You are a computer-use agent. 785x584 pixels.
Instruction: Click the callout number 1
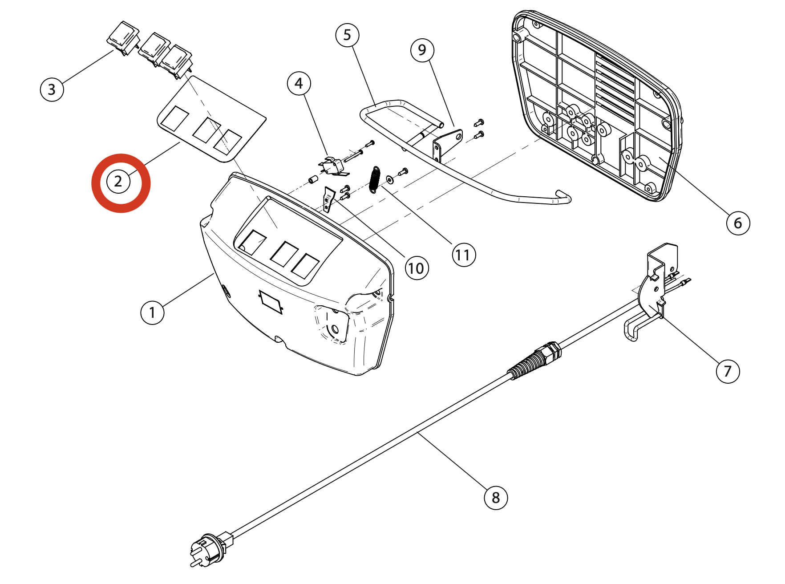[x=152, y=312]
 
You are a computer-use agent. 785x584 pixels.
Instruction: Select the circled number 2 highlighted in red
[x=118, y=182]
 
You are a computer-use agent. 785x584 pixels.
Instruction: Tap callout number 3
[x=52, y=89]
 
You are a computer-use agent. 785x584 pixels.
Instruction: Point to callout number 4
[x=299, y=83]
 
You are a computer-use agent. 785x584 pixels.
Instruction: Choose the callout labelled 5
[x=347, y=35]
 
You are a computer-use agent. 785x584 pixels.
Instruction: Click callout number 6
[x=738, y=223]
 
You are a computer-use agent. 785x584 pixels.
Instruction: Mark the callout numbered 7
[x=728, y=371]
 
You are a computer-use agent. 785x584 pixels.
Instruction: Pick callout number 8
[x=496, y=497]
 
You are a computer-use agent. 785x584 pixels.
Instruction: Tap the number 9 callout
[x=422, y=50]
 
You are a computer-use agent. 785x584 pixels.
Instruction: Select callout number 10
[x=417, y=268]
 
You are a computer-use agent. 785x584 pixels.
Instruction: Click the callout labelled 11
[x=463, y=255]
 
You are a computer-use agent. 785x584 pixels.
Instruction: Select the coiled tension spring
[x=375, y=179]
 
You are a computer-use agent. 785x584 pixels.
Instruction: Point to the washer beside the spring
[x=390, y=179]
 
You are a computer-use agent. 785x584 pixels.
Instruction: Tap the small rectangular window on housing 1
[x=271, y=302]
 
